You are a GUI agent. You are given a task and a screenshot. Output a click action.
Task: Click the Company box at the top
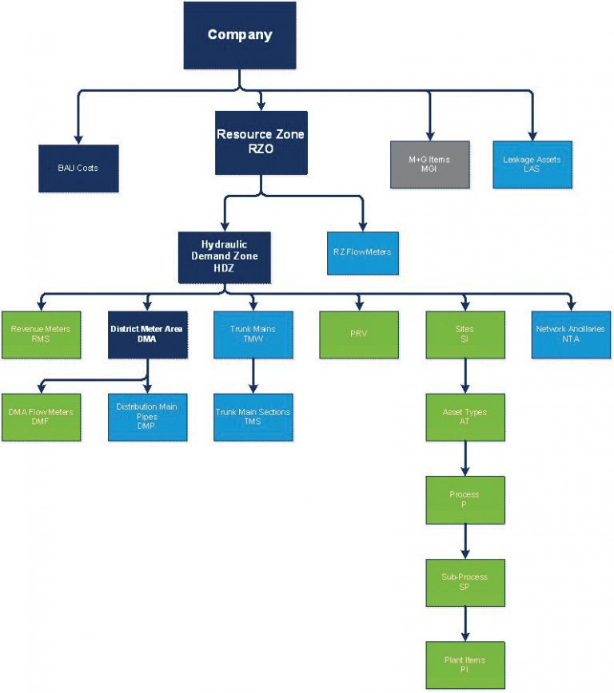(239, 35)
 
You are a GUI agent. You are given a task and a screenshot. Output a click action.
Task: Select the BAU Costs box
(78, 168)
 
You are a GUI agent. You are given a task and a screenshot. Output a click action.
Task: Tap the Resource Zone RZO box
(261, 142)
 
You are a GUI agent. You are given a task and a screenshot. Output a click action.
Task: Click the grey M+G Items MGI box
(429, 164)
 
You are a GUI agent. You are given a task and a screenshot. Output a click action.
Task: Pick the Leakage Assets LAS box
(532, 164)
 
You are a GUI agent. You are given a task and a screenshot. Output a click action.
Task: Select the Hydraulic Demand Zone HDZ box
(224, 257)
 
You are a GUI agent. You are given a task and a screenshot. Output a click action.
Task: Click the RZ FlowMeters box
(362, 252)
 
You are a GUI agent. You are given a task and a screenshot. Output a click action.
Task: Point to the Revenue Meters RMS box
(41, 335)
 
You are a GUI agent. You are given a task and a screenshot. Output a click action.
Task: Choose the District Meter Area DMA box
(148, 335)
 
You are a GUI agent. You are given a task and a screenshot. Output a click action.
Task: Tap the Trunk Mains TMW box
(253, 335)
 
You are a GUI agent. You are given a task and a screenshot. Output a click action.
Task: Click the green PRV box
(358, 335)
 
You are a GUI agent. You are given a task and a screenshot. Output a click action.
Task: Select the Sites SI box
(464, 335)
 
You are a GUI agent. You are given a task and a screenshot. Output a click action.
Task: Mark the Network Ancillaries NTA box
(570, 335)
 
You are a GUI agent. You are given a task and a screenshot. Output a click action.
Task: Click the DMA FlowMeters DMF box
(41, 417)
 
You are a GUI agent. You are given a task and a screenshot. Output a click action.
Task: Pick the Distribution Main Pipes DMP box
(148, 417)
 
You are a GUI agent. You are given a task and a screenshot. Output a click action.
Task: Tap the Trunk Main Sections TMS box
(253, 417)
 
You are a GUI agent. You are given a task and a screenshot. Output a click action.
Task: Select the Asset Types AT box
(464, 417)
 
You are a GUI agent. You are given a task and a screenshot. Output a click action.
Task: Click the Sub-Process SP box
(464, 582)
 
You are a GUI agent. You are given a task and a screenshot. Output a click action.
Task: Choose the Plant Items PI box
(464, 665)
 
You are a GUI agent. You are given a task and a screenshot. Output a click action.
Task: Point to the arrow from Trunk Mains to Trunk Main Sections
(253, 375)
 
